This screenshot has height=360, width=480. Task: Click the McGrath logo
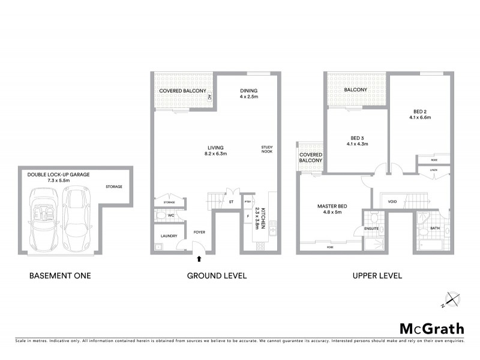tap(431, 328)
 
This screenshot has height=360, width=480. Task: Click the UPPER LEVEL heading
tap(377, 277)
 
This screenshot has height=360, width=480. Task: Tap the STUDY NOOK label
tap(267, 150)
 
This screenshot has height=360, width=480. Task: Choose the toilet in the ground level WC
tap(161, 214)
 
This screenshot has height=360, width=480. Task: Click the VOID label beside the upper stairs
tap(393, 202)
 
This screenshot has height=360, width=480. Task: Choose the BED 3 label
tap(357, 139)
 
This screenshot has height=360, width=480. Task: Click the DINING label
tap(248, 89)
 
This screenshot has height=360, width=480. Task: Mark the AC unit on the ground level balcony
tap(209, 97)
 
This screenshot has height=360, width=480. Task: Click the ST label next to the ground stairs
tap(231, 202)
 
